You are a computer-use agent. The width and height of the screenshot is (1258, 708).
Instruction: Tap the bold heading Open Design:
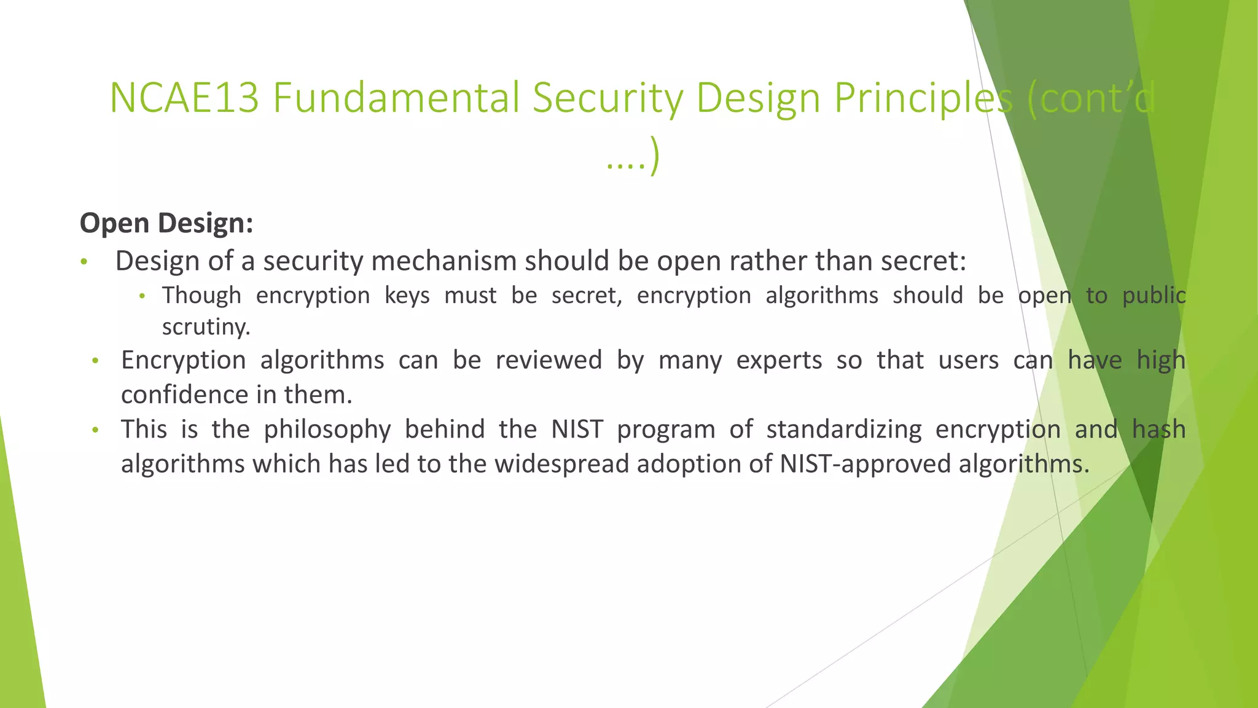pos(166,222)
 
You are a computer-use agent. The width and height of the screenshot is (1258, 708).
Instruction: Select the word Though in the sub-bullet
pos(201,296)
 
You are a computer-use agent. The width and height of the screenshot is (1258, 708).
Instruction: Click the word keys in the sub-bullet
pos(407,296)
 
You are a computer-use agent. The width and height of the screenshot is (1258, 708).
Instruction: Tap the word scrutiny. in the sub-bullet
pos(206,327)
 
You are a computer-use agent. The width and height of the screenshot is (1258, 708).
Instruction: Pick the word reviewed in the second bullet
pos(549,360)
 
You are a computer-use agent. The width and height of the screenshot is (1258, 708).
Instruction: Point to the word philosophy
pos(327,430)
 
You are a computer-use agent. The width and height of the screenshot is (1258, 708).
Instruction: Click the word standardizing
pos(844,430)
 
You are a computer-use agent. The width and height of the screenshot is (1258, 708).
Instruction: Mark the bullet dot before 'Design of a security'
pos(84,262)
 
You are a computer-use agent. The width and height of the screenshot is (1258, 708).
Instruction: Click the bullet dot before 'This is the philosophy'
pos(95,430)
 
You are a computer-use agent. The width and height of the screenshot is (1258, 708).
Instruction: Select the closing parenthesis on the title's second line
pos(655,157)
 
